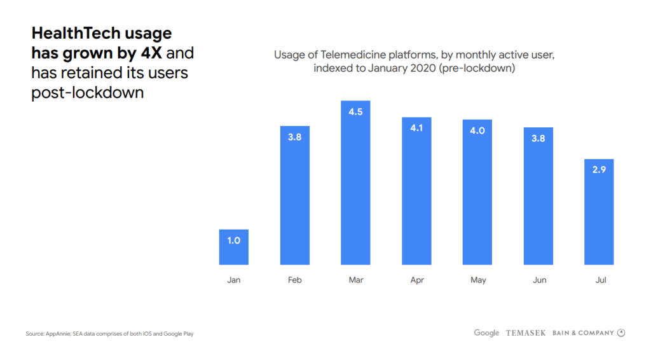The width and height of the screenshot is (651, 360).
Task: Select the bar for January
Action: pos(233,247)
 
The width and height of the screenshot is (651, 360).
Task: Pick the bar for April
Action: pos(416,191)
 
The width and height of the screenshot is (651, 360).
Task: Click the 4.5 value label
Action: pos(355,111)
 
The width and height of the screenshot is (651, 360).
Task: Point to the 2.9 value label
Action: pos(599,170)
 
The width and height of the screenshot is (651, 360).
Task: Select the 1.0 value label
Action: pos(233,240)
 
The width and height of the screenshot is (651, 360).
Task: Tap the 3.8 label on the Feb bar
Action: pos(294,137)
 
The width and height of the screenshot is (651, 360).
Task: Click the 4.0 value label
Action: pos(477,130)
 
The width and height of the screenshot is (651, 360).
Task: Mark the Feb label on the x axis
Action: pos(294,280)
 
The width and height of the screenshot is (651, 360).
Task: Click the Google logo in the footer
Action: pos(486,333)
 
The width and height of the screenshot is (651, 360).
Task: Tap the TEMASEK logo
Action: pos(525,333)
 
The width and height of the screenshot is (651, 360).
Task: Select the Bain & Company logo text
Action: pos(583,333)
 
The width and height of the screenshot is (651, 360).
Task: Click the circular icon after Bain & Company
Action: pos(621,333)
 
